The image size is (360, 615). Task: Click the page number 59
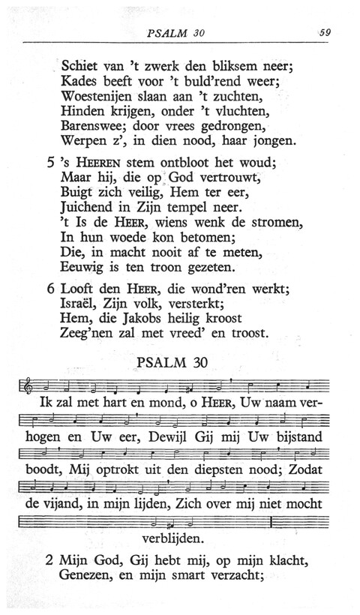click(x=325, y=32)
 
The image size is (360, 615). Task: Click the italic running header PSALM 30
click(x=178, y=32)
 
